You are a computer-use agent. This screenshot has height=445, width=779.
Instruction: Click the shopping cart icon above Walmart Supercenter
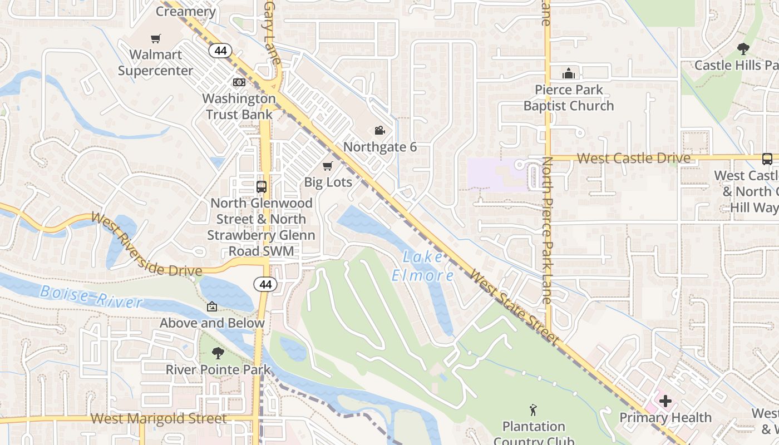(156, 38)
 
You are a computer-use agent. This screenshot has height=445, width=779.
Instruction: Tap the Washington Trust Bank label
(239, 106)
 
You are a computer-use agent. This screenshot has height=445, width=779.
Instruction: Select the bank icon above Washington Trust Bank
(239, 82)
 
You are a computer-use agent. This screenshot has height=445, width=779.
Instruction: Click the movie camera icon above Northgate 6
(379, 130)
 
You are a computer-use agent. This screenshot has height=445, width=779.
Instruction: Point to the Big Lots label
(328, 182)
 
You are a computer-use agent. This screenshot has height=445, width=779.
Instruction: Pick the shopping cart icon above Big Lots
(328, 166)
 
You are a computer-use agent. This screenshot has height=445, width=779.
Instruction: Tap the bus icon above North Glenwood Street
(261, 186)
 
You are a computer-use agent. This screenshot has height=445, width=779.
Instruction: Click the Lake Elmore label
(423, 266)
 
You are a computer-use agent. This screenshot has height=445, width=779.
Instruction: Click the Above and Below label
(212, 323)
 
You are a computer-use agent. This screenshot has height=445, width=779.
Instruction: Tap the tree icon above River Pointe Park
(218, 353)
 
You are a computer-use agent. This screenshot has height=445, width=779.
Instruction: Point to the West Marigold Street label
(159, 418)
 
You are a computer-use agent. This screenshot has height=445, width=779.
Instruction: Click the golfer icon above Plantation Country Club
(533, 411)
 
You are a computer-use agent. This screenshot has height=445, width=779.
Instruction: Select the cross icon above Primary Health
(665, 401)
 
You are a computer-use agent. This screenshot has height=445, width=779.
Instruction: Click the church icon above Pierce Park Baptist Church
(568, 73)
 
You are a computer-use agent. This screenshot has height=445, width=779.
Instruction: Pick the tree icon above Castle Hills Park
(743, 49)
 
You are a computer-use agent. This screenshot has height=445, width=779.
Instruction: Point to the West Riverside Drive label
(146, 245)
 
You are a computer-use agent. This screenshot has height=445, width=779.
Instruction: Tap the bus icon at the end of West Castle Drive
(767, 159)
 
